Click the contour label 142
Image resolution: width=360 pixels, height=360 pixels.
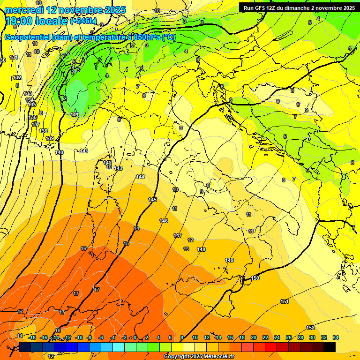(x=107, y=163)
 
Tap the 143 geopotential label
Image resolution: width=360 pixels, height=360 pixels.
(x=118, y=168)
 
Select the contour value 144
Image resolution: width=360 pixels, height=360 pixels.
(x=140, y=177)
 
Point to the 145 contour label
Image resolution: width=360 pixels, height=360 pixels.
(x=152, y=200)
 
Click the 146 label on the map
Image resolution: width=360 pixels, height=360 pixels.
(x=164, y=221)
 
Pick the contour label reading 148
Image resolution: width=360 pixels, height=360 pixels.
(x=201, y=249)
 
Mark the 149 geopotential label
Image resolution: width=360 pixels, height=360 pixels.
(x=229, y=260)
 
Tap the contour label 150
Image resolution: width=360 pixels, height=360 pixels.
(x=255, y=278)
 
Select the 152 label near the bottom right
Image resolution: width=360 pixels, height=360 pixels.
(x=310, y=328)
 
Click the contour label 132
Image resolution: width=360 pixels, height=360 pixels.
(x=17, y=77)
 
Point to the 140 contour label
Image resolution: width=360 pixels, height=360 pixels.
(x=59, y=152)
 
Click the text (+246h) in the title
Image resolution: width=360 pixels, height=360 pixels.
(x=83, y=21)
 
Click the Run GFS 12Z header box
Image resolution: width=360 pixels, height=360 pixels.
(x=298, y=7)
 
